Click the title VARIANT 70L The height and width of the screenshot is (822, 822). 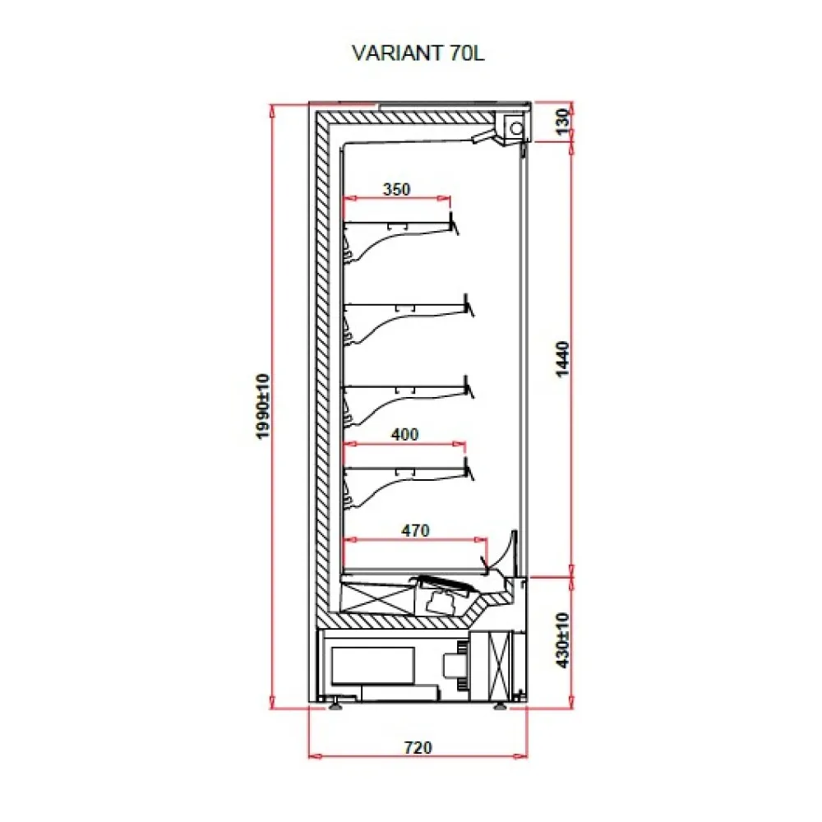pyautogui.click(x=418, y=53)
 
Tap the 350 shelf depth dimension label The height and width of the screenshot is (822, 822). pyautogui.click(x=396, y=189)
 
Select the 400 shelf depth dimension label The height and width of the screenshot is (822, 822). pyautogui.click(x=404, y=434)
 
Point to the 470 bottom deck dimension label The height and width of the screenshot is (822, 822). pyautogui.click(x=415, y=530)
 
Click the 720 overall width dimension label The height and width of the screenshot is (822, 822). pyautogui.click(x=418, y=747)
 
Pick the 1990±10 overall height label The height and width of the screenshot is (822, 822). pyautogui.click(x=263, y=406)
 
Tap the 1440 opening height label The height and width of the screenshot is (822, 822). pyautogui.click(x=561, y=358)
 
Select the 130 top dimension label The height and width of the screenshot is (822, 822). pyautogui.click(x=561, y=122)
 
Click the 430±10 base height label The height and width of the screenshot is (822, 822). pyautogui.click(x=561, y=640)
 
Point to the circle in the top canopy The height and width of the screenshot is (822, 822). pyautogui.click(x=516, y=128)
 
